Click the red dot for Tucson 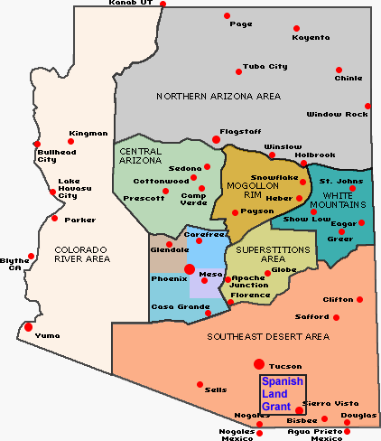258,364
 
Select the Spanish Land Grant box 283,393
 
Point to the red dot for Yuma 29,327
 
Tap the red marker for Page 227,16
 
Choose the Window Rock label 337,115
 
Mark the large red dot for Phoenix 189,268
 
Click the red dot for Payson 235,212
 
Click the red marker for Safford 337,317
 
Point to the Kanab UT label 131,4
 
